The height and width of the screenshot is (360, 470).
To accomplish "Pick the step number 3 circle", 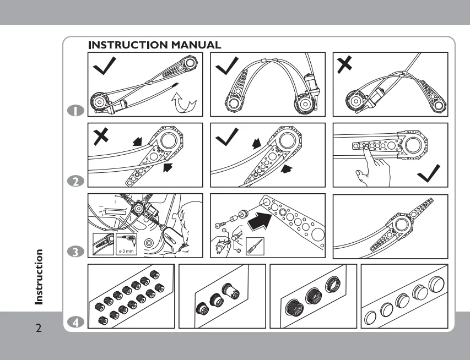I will tap(75, 252).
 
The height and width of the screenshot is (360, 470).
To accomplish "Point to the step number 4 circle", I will tap(75, 323).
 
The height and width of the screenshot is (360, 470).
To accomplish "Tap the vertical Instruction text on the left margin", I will tap(38, 277).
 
